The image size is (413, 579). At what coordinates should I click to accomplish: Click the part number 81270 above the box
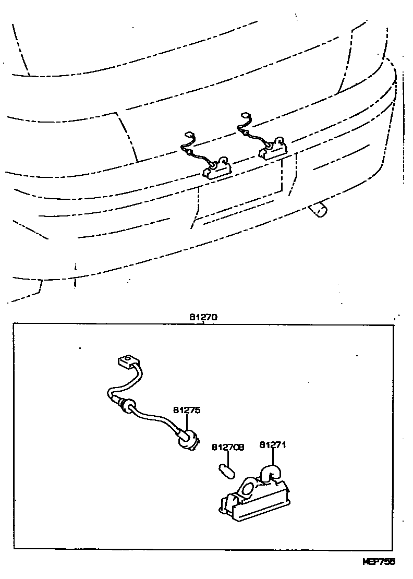point(203,317)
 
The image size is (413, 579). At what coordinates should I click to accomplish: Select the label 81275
point(186,411)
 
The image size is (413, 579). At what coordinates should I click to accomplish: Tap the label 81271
point(273,445)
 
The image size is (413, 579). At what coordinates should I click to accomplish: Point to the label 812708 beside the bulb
point(228,448)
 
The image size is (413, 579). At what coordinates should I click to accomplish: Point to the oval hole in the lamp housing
point(248,489)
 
